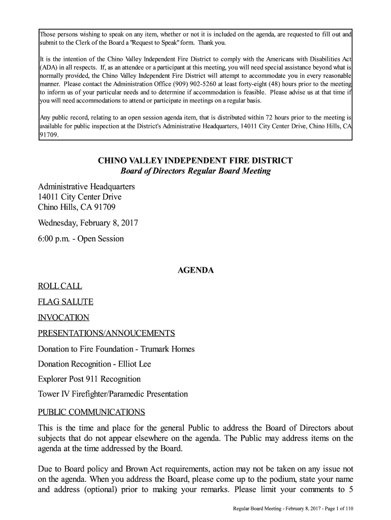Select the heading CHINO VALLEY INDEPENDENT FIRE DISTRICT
(195, 161)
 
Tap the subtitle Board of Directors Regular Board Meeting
(195, 171)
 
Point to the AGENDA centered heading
(195, 271)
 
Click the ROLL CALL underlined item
(60, 286)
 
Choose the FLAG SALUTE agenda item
(66, 302)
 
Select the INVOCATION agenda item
(63, 318)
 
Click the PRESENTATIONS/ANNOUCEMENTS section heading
(107, 334)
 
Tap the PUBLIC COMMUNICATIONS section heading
(91, 411)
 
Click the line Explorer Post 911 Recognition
(89, 379)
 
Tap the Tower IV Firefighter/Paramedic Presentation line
(113, 394)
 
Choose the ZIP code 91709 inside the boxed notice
(49, 135)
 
